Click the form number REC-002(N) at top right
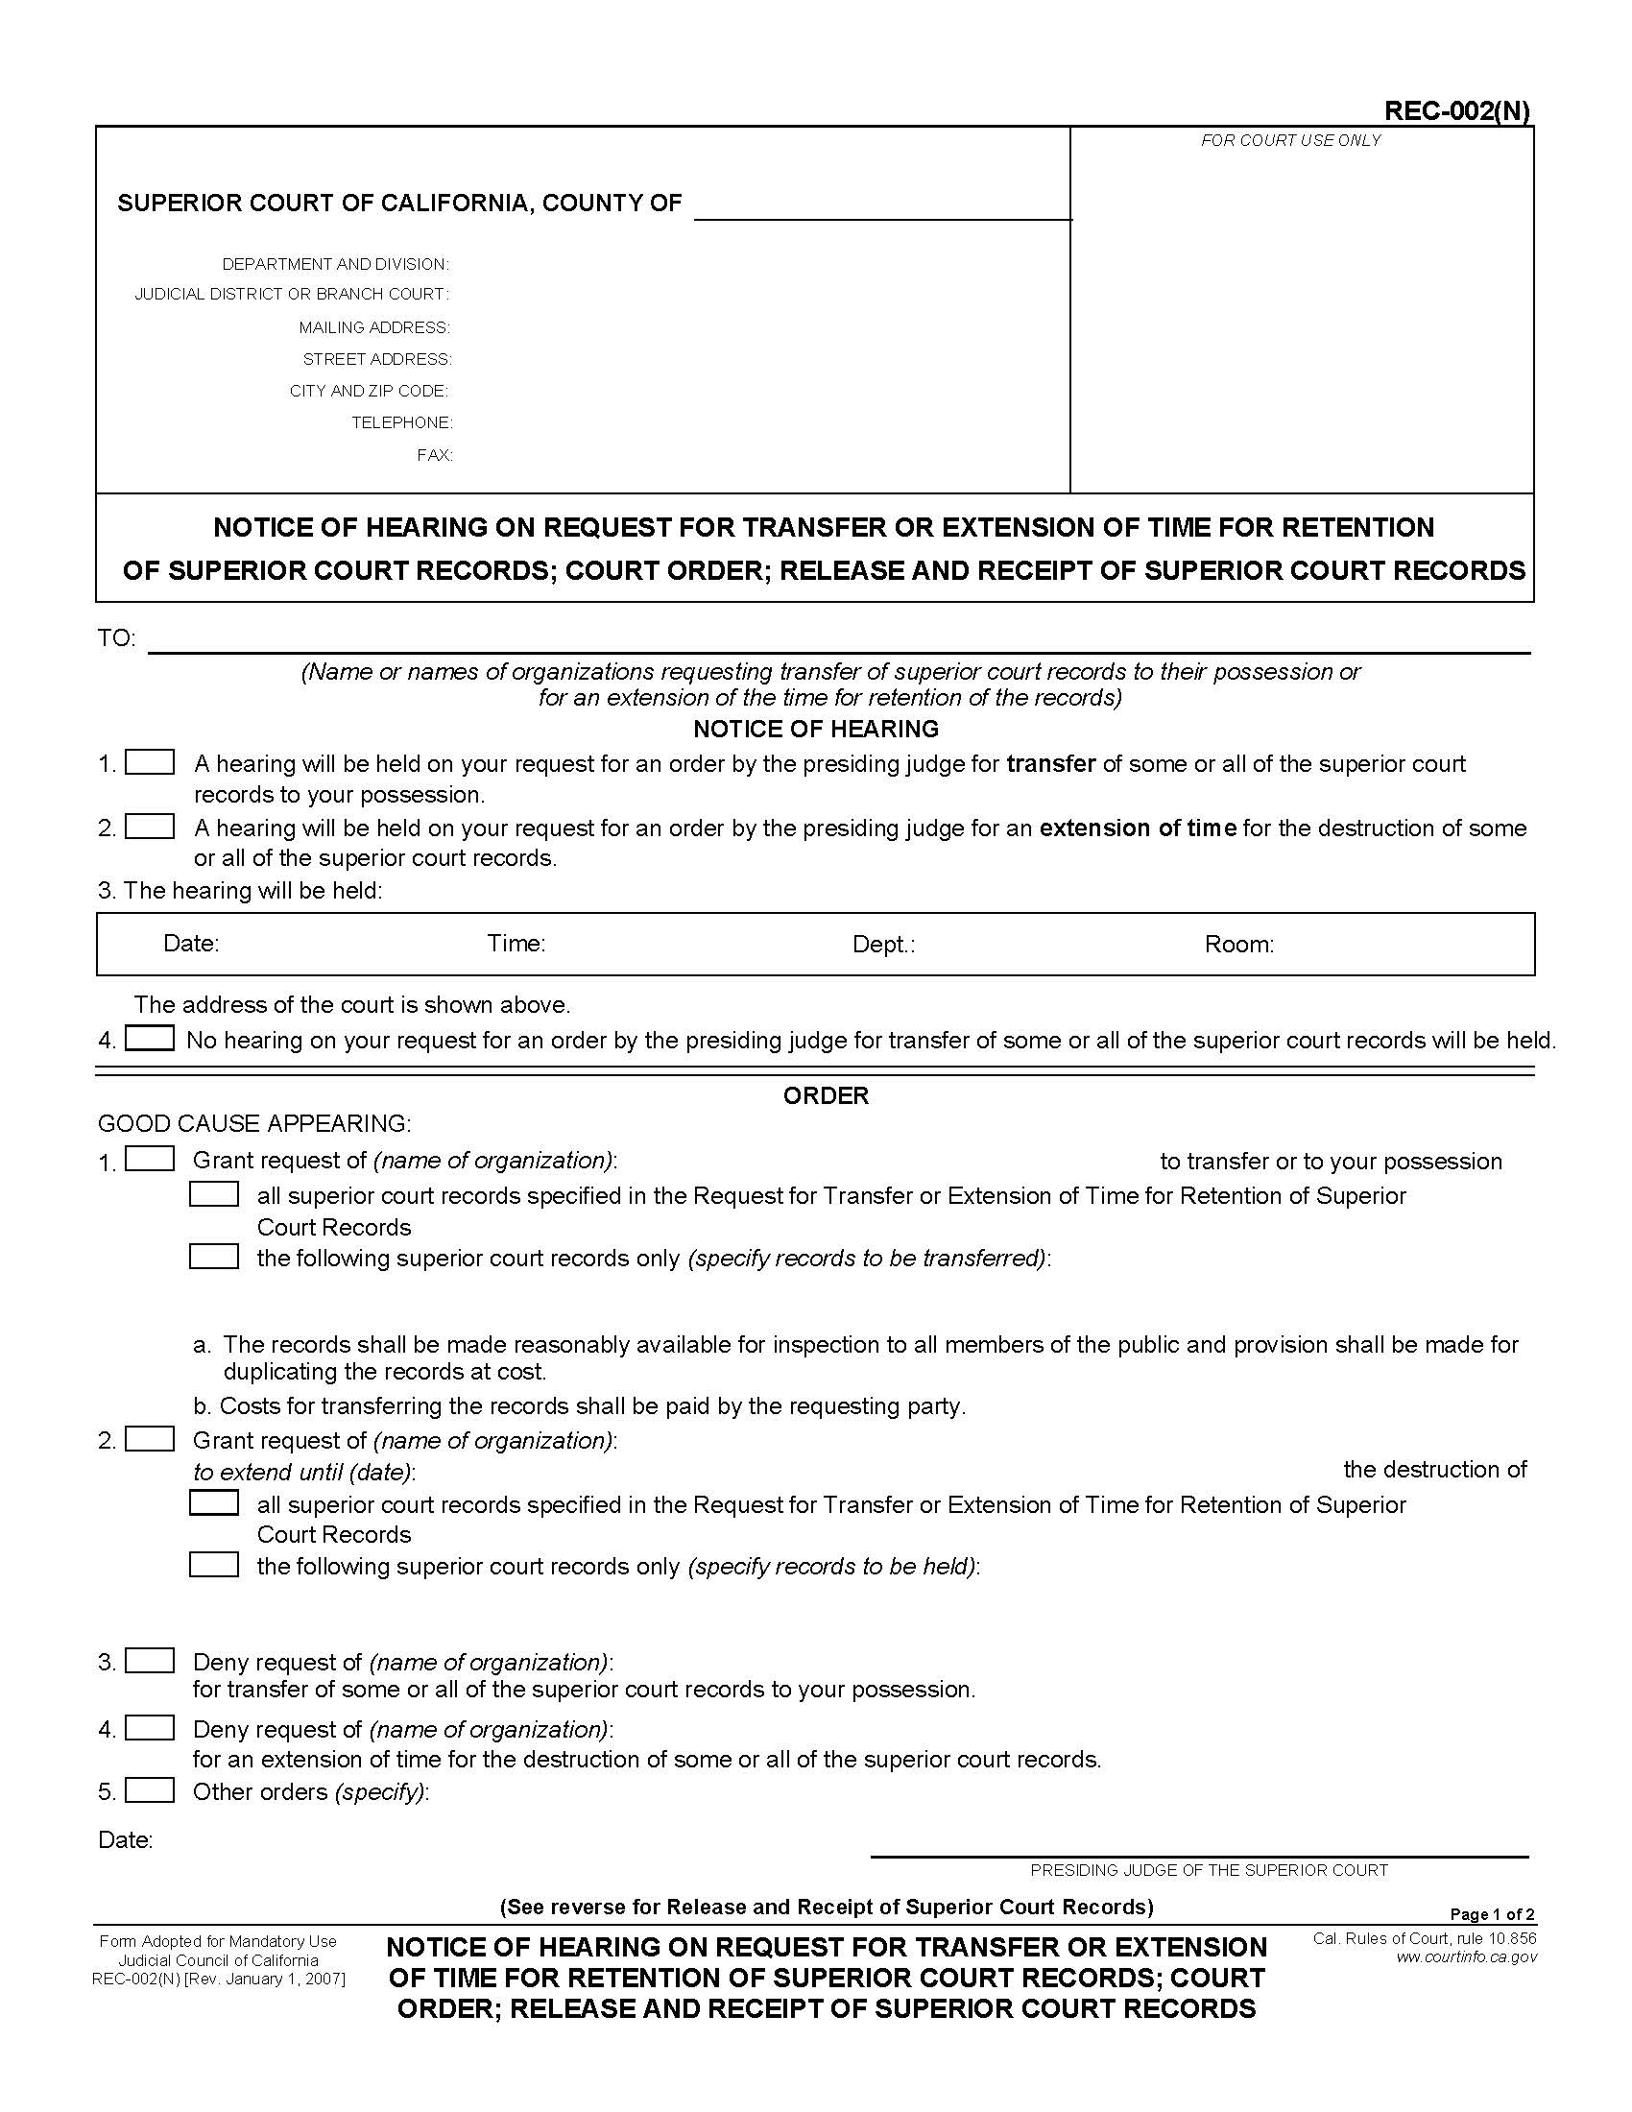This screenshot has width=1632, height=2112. (x=1456, y=111)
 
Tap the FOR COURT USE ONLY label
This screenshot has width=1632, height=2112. (x=1289, y=140)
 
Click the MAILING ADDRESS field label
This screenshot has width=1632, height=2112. (x=374, y=327)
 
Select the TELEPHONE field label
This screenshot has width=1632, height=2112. (x=401, y=422)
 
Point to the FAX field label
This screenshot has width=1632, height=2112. (x=434, y=454)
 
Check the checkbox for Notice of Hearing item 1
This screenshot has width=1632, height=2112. (x=150, y=762)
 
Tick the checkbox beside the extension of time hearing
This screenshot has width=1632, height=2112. (x=150, y=827)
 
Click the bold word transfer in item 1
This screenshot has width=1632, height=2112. (x=1050, y=764)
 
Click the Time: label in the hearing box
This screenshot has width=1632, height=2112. (x=516, y=943)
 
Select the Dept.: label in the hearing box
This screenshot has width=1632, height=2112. (x=882, y=944)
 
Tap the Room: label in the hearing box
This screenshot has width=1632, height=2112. (x=1238, y=944)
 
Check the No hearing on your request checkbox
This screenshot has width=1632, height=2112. (x=150, y=1039)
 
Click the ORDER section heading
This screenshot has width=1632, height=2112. (x=825, y=1095)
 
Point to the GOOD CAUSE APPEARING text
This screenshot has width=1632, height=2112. (x=254, y=1124)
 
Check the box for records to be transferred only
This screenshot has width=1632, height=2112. (x=214, y=1258)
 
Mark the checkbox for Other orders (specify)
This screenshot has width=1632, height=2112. (x=150, y=1790)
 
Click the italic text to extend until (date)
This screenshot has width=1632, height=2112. (x=303, y=1472)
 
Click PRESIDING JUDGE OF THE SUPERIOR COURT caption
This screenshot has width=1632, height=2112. (x=1208, y=1870)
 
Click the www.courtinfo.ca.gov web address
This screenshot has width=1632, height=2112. (x=1466, y=1957)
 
